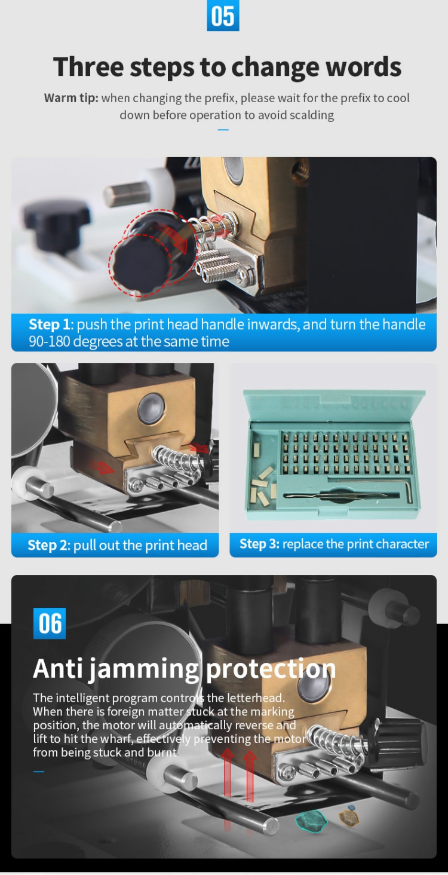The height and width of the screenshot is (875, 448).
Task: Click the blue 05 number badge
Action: pos(223,16)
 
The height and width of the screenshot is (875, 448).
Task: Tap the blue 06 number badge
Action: pos(50,623)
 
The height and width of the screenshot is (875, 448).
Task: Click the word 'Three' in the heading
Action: pos(88,67)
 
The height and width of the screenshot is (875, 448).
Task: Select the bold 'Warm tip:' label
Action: pos(71,97)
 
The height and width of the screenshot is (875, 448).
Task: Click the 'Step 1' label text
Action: pos(50,324)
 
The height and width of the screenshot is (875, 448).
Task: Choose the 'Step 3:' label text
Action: pos(259,544)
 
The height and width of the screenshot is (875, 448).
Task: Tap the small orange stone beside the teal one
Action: pos(348,817)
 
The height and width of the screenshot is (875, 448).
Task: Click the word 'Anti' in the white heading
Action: pos(58,668)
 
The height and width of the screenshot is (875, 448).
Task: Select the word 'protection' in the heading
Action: pos(271,669)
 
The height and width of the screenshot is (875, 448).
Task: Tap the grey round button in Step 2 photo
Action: pos(151,408)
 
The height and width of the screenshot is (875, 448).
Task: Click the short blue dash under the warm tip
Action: pos(223,129)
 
